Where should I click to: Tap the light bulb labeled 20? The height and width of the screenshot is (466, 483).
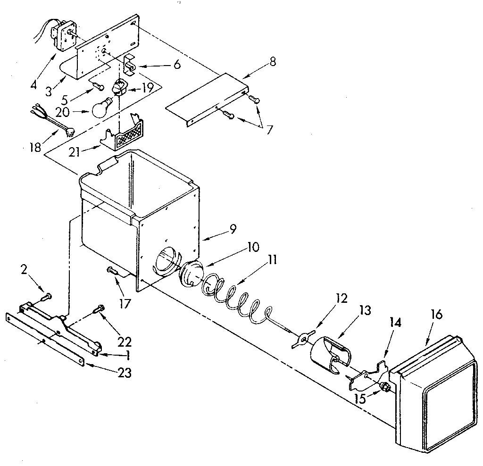(x=101, y=108)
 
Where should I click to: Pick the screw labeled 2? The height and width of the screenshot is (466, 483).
(x=46, y=297)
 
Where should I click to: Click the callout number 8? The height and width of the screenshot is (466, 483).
(x=273, y=61)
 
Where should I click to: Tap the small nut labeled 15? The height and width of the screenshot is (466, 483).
(x=385, y=387)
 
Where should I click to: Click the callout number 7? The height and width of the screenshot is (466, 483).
(x=269, y=130)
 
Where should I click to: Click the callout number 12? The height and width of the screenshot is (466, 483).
(x=341, y=299)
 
